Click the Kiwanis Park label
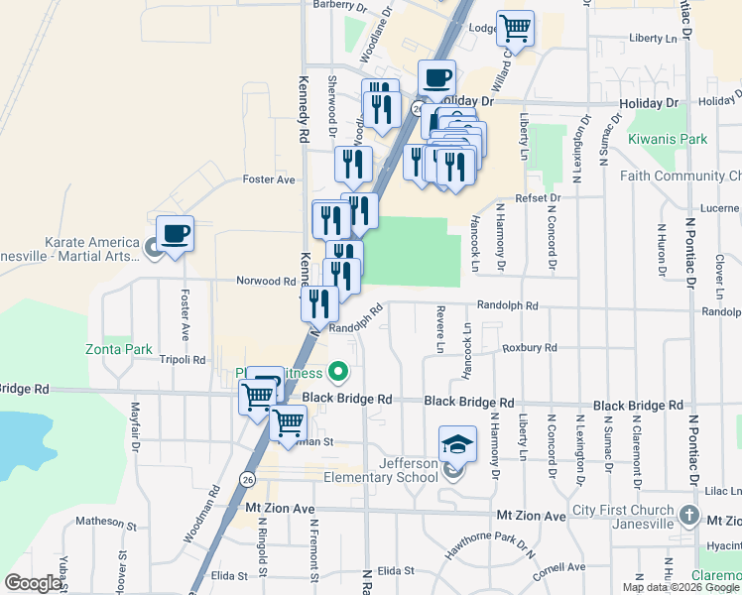click(668, 140)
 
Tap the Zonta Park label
click(125, 349)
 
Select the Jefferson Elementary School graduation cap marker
click(458, 444)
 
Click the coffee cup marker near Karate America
click(175, 234)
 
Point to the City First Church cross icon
click(690, 516)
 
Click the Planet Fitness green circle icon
click(338, 373)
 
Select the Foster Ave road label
click(270, 179)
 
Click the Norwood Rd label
click(266, 281)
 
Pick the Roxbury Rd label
click(530, 348)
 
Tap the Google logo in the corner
click(34, 583)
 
